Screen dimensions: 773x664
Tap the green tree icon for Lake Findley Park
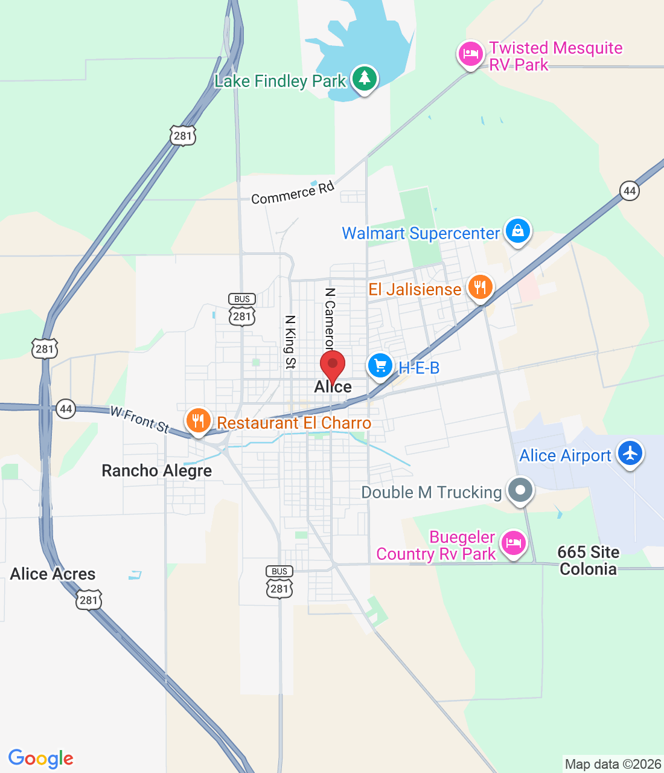(364, 79)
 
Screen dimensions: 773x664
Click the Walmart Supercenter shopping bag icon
(517, 231)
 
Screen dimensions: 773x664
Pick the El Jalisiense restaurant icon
(480, 287)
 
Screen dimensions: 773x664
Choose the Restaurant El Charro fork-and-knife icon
(198, 420)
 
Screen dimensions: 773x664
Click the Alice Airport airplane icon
(630, 453)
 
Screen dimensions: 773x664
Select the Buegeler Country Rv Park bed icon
(513, 543)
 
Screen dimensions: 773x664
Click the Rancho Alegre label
(157, 471)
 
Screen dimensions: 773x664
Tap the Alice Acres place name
(53, 574)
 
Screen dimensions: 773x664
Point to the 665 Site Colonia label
(589, 560)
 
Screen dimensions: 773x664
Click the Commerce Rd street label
(293, 193)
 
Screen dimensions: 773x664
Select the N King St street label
(290, 342)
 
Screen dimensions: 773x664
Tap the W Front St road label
(140, 419)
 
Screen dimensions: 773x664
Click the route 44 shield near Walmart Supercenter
(630, 191)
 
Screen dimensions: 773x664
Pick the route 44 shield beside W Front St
(65, 409)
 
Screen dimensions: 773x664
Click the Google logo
(41, 759)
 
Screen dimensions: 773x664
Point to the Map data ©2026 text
(613, 764)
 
